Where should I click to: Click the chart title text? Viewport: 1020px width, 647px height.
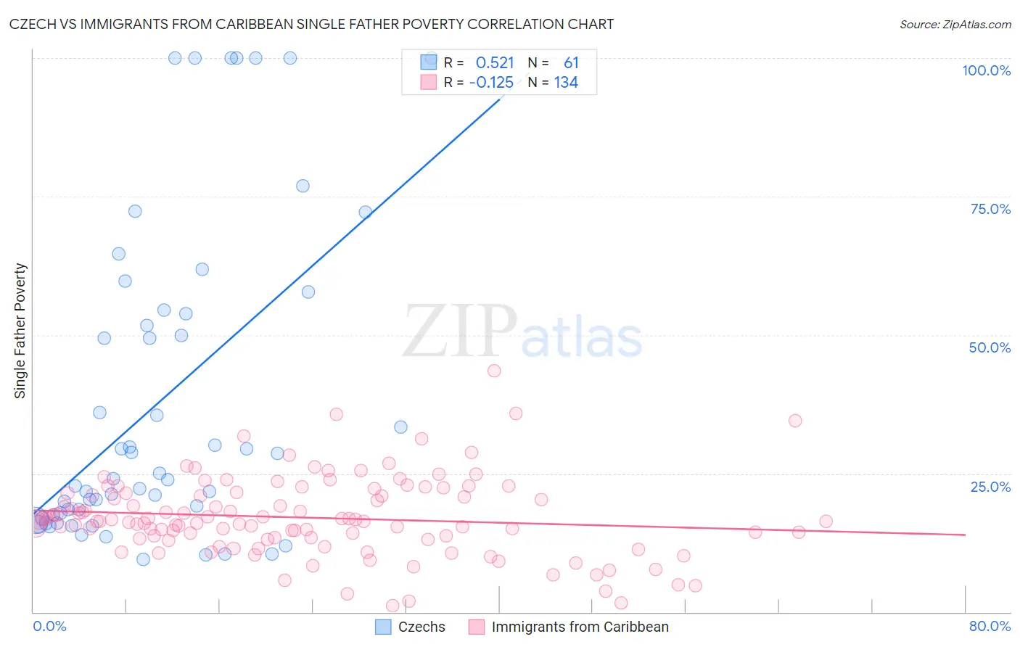311,24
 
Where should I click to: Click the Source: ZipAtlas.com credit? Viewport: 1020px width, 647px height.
955,25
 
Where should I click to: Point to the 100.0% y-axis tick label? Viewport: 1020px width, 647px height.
986,70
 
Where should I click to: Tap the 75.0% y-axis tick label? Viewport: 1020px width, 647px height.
990,209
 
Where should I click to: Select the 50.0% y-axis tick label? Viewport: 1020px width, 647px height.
990,347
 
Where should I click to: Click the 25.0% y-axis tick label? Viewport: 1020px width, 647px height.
990,486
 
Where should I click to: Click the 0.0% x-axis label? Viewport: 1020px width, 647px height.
49,626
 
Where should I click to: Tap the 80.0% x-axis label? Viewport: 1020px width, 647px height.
990,626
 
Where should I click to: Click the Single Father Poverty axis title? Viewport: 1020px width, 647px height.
20,331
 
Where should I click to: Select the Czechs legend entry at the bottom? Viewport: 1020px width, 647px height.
411,627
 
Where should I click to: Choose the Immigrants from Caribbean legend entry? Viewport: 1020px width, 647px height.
569,627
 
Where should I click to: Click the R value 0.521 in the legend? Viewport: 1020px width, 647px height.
495,63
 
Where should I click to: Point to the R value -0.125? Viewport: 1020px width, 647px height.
491,83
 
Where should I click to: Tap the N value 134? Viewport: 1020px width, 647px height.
566,83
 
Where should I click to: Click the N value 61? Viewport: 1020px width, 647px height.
571,63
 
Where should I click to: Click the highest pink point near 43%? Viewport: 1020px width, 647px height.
494,371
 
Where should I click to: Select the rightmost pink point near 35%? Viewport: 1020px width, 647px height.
795,421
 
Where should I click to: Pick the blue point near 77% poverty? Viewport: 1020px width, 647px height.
303,186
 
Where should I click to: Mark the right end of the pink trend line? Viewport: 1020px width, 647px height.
965,535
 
